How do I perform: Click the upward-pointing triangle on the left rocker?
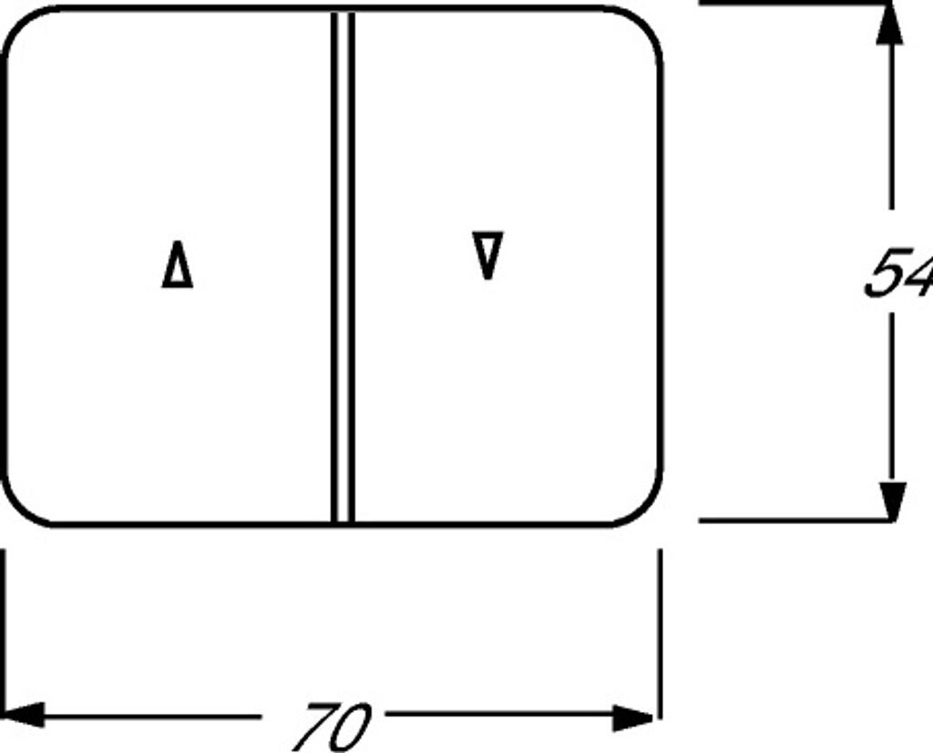tap(178, 266)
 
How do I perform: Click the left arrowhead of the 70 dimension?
tap(22, 715)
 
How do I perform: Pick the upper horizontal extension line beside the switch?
tap(793, 4)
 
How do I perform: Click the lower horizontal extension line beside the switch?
tap(793, 521)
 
